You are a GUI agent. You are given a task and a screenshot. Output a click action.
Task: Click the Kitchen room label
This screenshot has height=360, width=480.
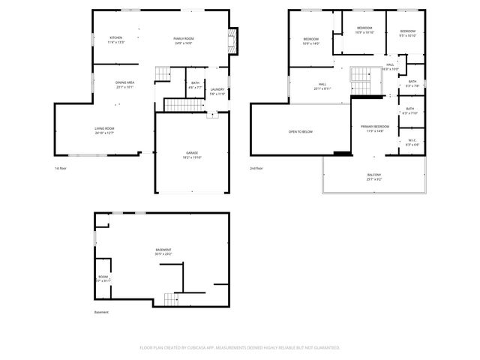coord(116,40)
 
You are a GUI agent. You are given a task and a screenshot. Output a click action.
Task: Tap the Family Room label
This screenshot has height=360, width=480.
coord(183,40)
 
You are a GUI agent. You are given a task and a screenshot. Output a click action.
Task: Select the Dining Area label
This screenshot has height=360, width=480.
coord(125,85)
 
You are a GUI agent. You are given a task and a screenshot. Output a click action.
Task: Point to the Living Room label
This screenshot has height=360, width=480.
coord(104,130)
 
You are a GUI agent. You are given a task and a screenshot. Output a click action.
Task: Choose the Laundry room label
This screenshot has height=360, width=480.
coord(217,91)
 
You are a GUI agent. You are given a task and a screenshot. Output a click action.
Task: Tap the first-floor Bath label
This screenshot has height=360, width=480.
coord(195,85)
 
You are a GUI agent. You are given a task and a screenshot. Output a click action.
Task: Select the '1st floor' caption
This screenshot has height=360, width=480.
coord(61,168)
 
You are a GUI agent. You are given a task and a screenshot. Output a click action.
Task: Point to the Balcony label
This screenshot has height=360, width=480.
coord(373,177)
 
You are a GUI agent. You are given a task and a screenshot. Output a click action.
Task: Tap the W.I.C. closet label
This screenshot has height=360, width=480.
coord(412,142)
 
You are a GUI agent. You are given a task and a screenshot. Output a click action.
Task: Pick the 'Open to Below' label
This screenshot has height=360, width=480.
coord(300,132)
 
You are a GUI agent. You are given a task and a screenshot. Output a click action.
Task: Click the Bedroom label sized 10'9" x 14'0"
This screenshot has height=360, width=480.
coord(311,40)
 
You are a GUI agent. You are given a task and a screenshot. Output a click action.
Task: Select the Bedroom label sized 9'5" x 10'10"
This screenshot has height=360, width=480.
coord(407,33)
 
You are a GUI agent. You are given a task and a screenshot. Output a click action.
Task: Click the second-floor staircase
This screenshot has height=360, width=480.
coord(361,76)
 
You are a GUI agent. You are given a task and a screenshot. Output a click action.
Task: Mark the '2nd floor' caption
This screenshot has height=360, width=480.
coord(256,168)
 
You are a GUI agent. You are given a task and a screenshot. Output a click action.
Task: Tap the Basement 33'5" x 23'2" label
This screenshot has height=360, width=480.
coord(163,251)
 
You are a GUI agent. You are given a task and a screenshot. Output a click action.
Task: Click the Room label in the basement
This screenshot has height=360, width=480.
coord(103,278)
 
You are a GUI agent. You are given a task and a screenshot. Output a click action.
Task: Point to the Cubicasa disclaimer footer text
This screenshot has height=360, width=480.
coord(240,347)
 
